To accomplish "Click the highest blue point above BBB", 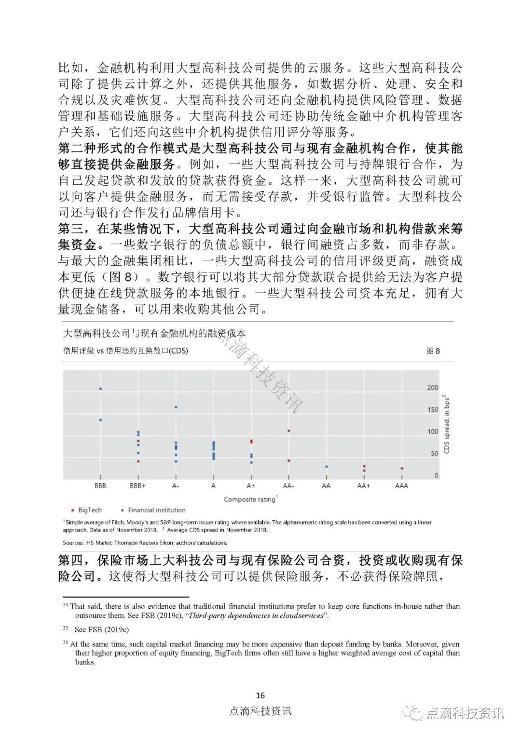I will point(100,389).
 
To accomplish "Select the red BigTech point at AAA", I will point(402,468).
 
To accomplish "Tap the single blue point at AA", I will point(326,467).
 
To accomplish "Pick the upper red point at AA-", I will point(288,431).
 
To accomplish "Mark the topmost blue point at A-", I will point(176,407).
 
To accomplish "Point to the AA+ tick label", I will point(364,486).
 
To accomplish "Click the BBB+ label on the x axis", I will point(138,486).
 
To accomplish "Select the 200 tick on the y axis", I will point(433,388).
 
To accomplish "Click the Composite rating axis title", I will point(250,499).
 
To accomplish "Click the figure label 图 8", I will point(433,351).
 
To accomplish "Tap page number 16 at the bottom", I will point(260,695).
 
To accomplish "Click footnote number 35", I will point(66,629).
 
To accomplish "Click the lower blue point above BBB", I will point(100,420).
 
